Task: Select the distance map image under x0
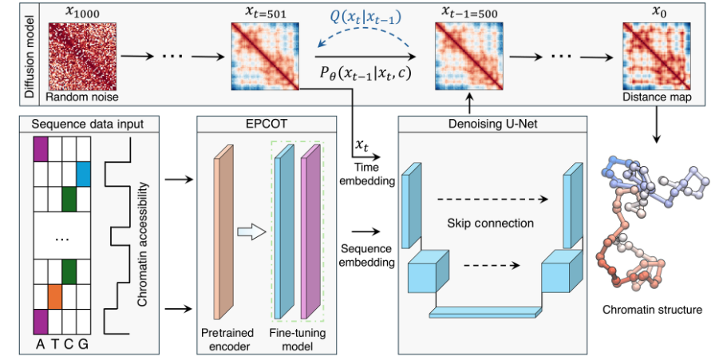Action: pos(651,54)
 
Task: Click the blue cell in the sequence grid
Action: pos(84,172)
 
